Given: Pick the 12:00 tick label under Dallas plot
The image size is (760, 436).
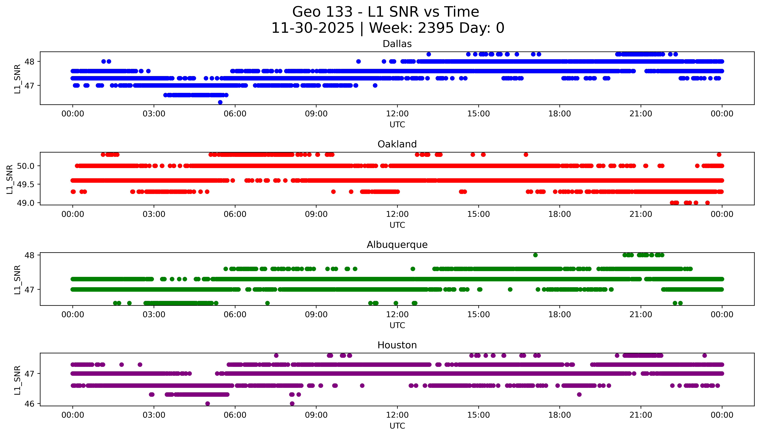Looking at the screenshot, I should (397, 114).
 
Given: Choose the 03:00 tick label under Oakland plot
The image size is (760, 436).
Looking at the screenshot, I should (154, 214).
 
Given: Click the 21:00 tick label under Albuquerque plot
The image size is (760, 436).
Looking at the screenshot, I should (641, 314).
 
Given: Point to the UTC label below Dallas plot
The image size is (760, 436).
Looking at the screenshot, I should (397, 125).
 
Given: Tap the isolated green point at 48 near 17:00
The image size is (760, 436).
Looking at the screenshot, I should (535, 255).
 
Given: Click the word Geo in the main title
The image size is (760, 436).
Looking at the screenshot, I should (307, 12).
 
